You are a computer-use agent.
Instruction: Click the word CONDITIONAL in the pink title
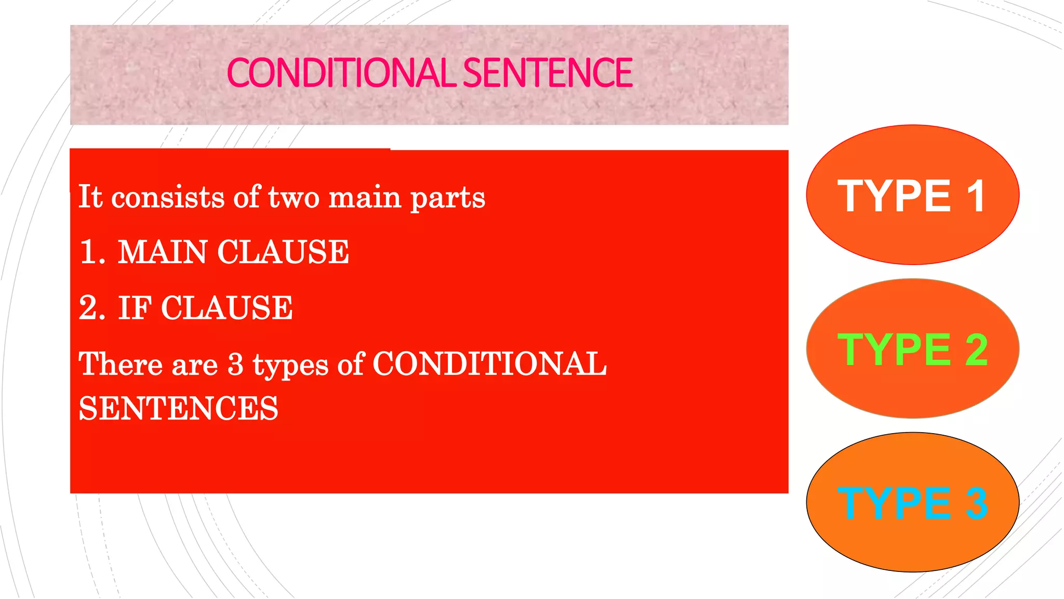pyautogui.click(x=342, y=73)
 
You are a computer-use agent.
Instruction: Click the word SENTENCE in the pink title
pyautogui.click(x=547, y=73)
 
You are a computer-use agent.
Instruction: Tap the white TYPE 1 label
pyautogui.click(x=912, y=196)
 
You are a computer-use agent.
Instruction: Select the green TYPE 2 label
pyautogui.click(x=912, y=349)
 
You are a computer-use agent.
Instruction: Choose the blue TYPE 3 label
pyautogui.click(x=912, y=503)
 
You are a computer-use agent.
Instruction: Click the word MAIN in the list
pyautogui.click(x=162, y=252)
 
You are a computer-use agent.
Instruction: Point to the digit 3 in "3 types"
pyautogui.click(x=235, y=363)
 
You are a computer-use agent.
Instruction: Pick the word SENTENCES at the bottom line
pyautogui.click(x=178, y=408)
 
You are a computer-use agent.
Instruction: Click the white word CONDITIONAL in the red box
pyautogui.click(x=489, y=363)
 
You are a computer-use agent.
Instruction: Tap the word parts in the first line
pyautogui.click(x=448, y=198)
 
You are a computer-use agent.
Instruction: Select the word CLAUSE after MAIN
pyautogui.click(x=283, y=252)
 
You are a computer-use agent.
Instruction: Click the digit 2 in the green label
pyautogui.click(x=976, y=349)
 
